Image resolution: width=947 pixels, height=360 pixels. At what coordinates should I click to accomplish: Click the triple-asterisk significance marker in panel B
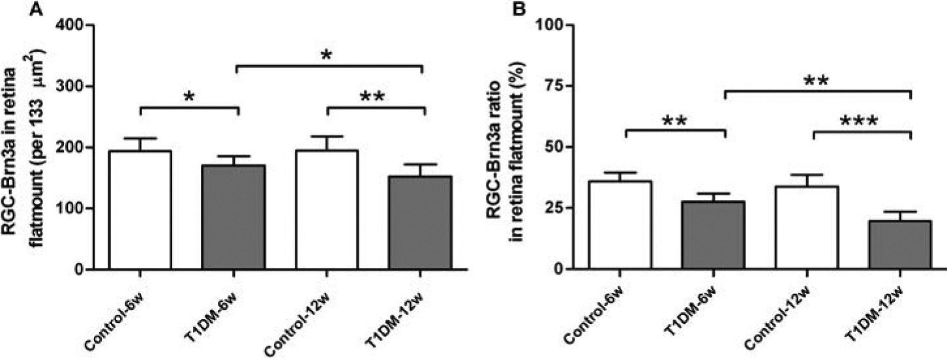[860, 122]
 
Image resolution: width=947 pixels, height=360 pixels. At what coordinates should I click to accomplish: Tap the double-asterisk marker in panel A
[372, 97]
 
